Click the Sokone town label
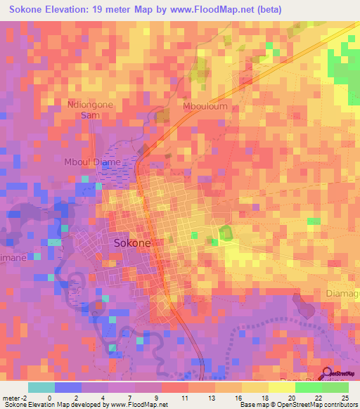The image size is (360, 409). pyautogui.click(x=131, y=242)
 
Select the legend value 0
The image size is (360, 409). pyautogui.click(x=49, y=397)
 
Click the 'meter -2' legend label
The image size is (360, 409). pyautogui.click(x=14, y=397)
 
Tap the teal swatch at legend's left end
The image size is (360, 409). pyautogui.click(x=41, y=387)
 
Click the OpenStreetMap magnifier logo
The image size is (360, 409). pyautogui.click(x=328, y=374)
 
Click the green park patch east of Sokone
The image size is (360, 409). pyautogui.click(x=225, y=234)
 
